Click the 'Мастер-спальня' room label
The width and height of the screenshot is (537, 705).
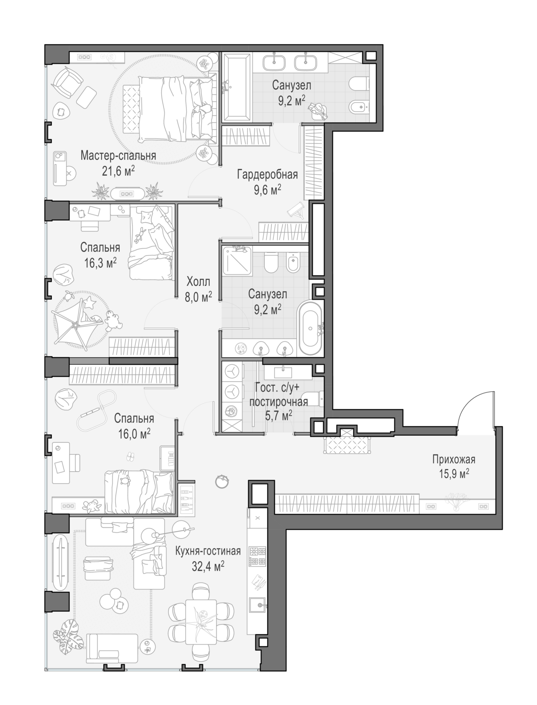click(118, 156)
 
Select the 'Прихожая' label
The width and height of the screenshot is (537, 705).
click(453, 460)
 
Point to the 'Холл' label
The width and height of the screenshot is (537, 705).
click(198, 282)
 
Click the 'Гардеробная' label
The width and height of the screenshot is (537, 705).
click(268, 175)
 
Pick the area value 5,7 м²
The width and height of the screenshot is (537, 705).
click(278, 416)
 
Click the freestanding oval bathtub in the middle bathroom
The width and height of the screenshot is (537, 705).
click(310, 328)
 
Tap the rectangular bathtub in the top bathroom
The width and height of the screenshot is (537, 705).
click(237, 87)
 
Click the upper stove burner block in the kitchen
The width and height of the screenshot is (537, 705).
click(258, 551)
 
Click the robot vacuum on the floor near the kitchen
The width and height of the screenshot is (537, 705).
click(222, 481)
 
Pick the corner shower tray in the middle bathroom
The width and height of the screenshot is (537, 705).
click(237, 260)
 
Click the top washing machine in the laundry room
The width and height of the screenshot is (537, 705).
click(230, 372)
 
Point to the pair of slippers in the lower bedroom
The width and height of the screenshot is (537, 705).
click(130, 456)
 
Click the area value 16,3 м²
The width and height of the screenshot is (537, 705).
click(100, 263)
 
